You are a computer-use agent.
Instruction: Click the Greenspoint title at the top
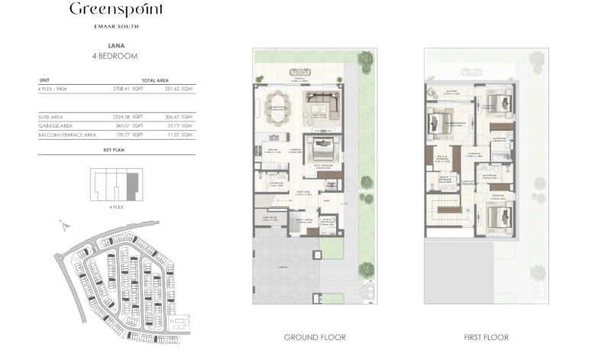point(116,11)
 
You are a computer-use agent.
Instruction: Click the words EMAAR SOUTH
point(116,27)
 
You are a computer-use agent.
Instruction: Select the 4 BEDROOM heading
point(117,57)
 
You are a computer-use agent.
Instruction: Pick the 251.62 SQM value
point(181,89)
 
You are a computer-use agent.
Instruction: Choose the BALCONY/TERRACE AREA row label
point(67,135)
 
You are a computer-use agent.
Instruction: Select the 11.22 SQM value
point(181,135)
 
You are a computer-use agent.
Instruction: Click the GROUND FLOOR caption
point(315,337)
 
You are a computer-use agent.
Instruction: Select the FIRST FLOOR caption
point(486,337)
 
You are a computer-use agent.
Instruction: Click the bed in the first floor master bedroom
point(440,122)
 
